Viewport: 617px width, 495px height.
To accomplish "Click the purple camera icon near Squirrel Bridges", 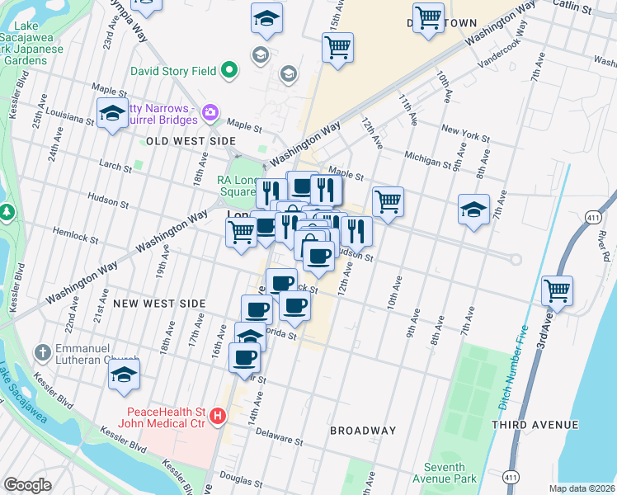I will point(210,111).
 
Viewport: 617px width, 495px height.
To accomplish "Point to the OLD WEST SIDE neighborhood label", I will point(191,142).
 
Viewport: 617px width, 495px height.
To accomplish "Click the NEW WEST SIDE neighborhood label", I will point(158,304).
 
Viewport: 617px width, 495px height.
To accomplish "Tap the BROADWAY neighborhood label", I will point(363,431).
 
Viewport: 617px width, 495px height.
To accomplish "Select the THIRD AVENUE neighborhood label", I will point(535,424).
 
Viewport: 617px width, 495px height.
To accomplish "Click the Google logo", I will point(27,485).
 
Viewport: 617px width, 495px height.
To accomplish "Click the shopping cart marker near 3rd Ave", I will point(558,290).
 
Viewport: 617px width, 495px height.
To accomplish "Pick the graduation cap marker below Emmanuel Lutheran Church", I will point(125,374).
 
